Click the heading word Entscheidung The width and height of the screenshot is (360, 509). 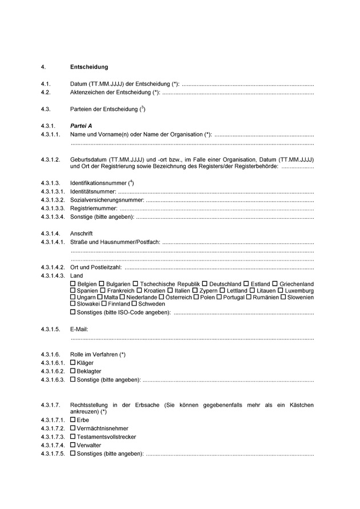pos(89,67)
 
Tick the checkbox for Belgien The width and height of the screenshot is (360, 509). pos(73,284)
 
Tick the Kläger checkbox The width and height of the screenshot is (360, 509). pos(73,363)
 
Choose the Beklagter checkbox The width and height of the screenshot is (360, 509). pos(73,371)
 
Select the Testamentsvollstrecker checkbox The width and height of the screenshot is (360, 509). pos(73,437)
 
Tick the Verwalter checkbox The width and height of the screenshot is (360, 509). pos(73,446)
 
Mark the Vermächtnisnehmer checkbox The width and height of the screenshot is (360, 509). pos(73,428)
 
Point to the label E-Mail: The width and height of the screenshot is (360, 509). pos(79,330)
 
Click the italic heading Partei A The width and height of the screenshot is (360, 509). pos(81,125)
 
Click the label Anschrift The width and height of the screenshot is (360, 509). pos(81,234)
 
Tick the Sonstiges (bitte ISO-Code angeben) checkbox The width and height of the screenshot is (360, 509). pos(73,312)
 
